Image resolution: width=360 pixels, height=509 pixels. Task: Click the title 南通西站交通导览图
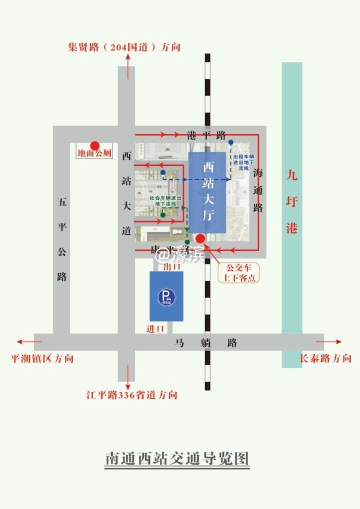(x=177, y=458)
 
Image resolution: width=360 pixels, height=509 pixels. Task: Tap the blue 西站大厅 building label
(x=207, y=191)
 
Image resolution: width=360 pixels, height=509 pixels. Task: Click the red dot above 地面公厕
(x=94, y=145)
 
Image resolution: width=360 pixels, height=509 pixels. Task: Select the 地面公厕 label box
(x=94, y=154)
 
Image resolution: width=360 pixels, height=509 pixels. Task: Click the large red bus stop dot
(x=200, y=238)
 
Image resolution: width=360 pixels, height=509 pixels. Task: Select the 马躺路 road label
(x=205, y=343)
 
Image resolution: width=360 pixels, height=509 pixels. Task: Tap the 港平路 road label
(x=206, y=135)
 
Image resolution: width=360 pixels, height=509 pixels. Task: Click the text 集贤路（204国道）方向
(x=124, y=47)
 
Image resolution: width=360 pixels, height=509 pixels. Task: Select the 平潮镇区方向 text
(x=42, y=358)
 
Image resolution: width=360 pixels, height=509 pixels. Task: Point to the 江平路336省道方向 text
(x=132, y=395)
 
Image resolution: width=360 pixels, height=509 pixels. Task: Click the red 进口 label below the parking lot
(x=155, y=329)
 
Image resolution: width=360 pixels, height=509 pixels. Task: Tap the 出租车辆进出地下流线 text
(x=247, y=163)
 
